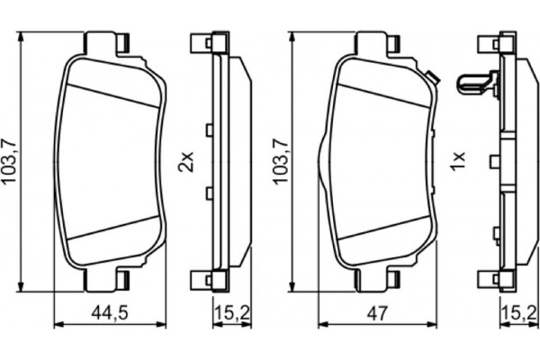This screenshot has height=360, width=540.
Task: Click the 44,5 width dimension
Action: point(109,315)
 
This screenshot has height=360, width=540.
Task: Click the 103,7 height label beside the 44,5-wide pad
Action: point(11,162)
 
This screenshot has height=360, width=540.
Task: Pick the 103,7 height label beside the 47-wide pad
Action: point(281,162)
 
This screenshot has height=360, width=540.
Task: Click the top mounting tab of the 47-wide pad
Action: point(379,43)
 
